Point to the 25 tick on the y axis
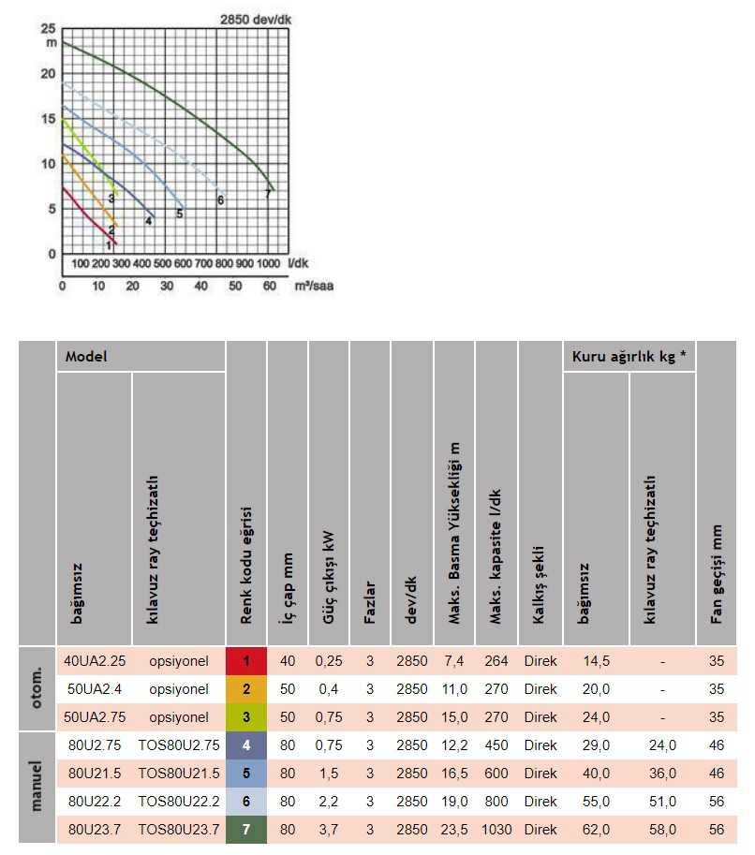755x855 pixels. click(x=48, y=29)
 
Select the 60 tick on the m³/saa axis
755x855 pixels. click(x=270, y=286)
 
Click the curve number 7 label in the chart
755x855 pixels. click(x=268, y=194)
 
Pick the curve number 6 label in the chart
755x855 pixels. click(x=220, y=200)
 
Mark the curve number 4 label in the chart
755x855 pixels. click(x=148, y=221)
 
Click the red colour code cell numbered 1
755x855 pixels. click(x=246, y=661)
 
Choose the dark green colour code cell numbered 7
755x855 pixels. click(x=246, y=830)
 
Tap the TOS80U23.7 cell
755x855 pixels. click(x=178, y=830)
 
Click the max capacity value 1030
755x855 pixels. click(x=496, y=830)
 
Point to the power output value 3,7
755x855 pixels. click(x=328, y=830)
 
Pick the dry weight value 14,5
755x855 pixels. click(x=596, y=661)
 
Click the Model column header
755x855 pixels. click(x=85, y=357)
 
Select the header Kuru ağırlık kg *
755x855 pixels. click(x=628, y=357)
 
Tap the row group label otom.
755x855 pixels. click(x=37, y=688)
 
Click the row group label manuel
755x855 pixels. click(x=37, y=787)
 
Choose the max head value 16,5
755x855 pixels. click(x=453, y=774)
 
